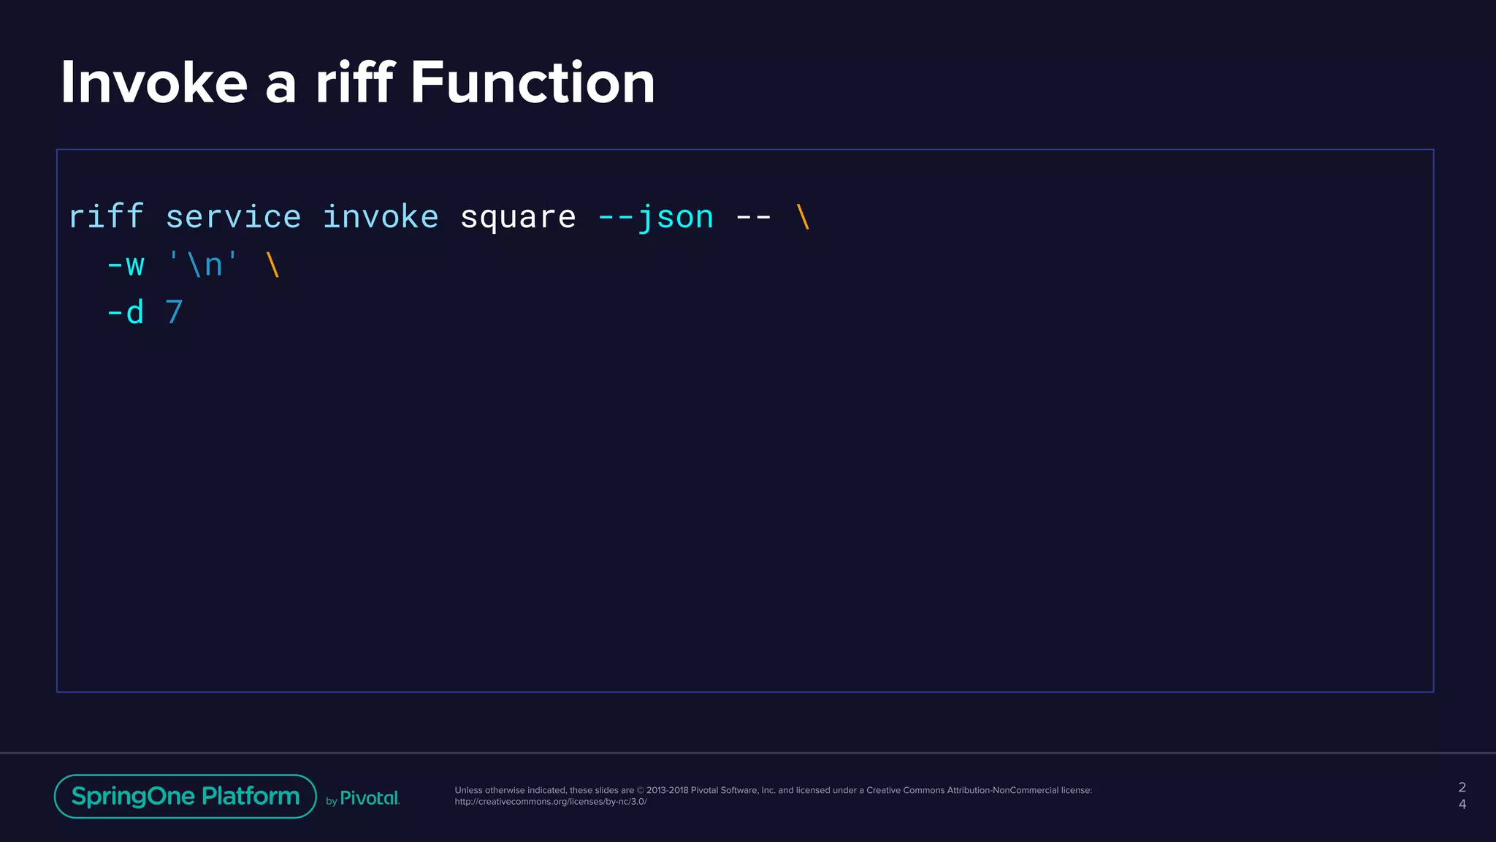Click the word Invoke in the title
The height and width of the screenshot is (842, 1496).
[x=153, y=83]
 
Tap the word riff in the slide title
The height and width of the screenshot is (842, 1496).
[x=355, y=83]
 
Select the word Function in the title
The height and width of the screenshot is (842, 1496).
[x=533, y=83]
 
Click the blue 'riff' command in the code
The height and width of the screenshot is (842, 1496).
[x=106, y=217]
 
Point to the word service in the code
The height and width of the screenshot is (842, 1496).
[x=233, y=217]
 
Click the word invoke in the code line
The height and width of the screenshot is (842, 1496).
[x=380, y=217]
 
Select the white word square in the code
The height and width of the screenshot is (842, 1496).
[x=518, y=217]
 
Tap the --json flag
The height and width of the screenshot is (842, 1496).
[x=655, y=217]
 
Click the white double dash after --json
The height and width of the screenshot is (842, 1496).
[x=753, y=217]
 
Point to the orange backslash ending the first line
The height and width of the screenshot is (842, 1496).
[x=803, y=217]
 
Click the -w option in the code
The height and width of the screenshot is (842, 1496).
[x=126, y=265]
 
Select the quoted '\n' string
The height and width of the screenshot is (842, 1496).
[x=203, y=265]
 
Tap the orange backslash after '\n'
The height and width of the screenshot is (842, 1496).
[x=273, y=265]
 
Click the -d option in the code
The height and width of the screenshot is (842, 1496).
[x=126, y=313]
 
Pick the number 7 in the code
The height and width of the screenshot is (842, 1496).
[x=174, y=313]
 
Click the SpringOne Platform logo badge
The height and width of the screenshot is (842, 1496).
[x=186, y=796]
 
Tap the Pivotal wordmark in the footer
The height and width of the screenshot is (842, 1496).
[x=370, y=798]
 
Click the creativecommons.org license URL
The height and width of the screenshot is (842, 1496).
[x=551, y=802]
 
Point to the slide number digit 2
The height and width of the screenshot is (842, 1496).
[x=1462, y=787]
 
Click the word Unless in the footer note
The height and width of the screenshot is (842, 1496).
[x=468, y=790]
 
